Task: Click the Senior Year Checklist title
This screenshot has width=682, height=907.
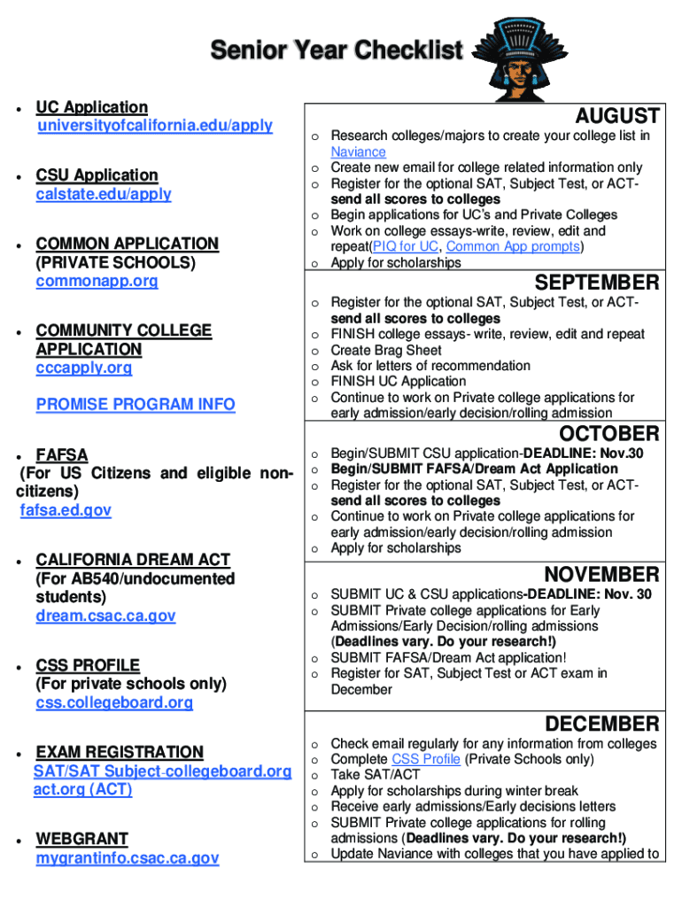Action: click(x=336, y=50)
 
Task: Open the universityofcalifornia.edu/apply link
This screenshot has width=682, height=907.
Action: click(x=154, y=126)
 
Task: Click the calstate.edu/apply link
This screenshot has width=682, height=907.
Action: click(x=104, y=194)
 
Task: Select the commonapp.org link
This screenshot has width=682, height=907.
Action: click(x=97, y=281)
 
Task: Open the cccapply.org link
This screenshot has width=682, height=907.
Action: click(x=83, y=368)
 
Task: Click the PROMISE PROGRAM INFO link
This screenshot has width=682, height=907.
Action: click(x=136, y=405)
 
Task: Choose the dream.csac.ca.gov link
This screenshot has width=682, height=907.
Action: click(x=105, y=616)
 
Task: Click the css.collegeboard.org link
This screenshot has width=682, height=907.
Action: click(x=114, y=702)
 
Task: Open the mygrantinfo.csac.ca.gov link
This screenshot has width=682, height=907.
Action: click(x=128, y=858)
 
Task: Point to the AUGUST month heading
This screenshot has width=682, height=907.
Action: click(x=616, y=116)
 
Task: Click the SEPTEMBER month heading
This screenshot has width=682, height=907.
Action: click(x=596, y=283)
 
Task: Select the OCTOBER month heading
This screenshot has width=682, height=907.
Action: click(x=608, y=434)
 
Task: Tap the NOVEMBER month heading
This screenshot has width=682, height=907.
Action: click(x=601, y=575)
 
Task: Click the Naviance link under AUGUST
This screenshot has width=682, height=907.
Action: click(x=358, y=151)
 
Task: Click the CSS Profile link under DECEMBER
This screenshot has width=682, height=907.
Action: click(x=425, y=760)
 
